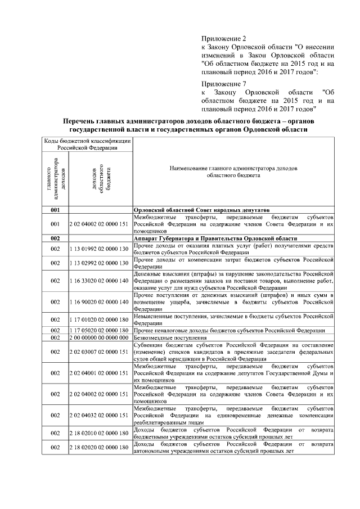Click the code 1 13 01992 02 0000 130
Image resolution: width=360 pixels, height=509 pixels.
pyautogui.click(x=99, y=249)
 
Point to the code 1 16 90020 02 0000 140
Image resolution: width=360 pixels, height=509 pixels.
pyautogui.click(x=99, y=302)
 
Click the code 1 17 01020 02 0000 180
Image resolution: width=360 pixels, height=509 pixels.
pyautogui.click(x=99, y=319)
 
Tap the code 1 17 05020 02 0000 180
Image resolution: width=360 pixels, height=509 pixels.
pyautogui.click(x=99, y=330)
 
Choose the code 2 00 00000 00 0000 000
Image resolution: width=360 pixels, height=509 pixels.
pyautogui.click(x=99, y=337)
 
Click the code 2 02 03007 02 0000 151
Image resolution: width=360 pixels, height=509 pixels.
pyautogui.click(x=99, y=352)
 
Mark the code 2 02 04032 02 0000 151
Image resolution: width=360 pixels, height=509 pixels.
pyautogui.click(x=99, y=415)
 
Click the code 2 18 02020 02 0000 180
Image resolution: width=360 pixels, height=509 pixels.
pyautogui.click(x=99, y=447)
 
